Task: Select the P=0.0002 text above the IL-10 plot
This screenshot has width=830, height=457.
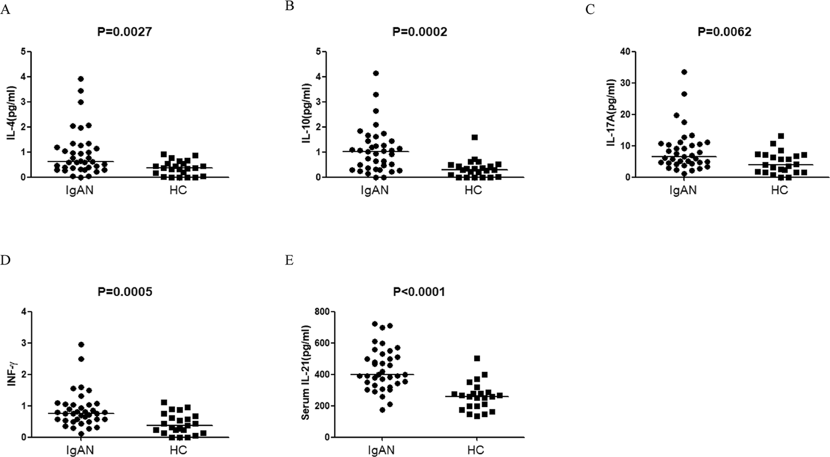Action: (x=420, y=32)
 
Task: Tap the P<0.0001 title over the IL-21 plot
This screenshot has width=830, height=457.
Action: (x=419, y=292)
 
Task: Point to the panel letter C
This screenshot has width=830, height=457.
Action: (x=590, y=10)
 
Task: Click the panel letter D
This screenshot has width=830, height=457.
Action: (x=5, y=260)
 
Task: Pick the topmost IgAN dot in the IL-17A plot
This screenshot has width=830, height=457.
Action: (x=684, y=72)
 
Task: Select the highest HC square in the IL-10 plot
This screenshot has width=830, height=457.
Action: (x=474, y=137)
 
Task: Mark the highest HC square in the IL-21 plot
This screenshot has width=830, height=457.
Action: (x=477, y=358)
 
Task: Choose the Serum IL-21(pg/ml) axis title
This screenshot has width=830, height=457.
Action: (x=305, y=372)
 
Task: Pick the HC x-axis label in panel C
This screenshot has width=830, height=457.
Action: (x=779, y=191)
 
